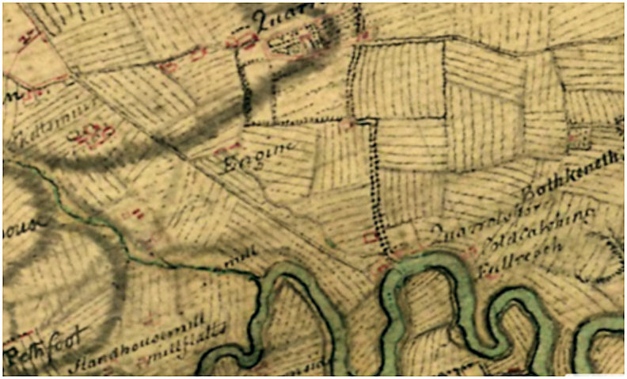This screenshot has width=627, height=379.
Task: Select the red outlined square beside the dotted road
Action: pos(369,237)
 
